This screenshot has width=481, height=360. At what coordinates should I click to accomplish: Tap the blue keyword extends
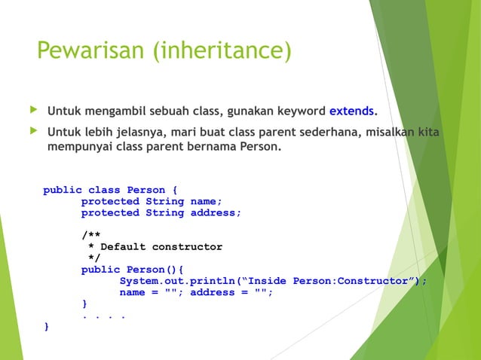351,111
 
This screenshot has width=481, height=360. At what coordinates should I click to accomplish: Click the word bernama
212,146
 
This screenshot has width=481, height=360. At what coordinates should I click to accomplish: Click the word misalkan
403,133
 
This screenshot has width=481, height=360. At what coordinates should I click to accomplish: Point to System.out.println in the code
177,281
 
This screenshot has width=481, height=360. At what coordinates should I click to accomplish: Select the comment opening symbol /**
90,236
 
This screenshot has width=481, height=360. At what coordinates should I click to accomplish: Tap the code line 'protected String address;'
161,212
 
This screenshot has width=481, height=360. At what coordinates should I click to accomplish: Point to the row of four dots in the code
103,316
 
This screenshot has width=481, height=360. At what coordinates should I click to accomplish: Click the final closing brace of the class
47,327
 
